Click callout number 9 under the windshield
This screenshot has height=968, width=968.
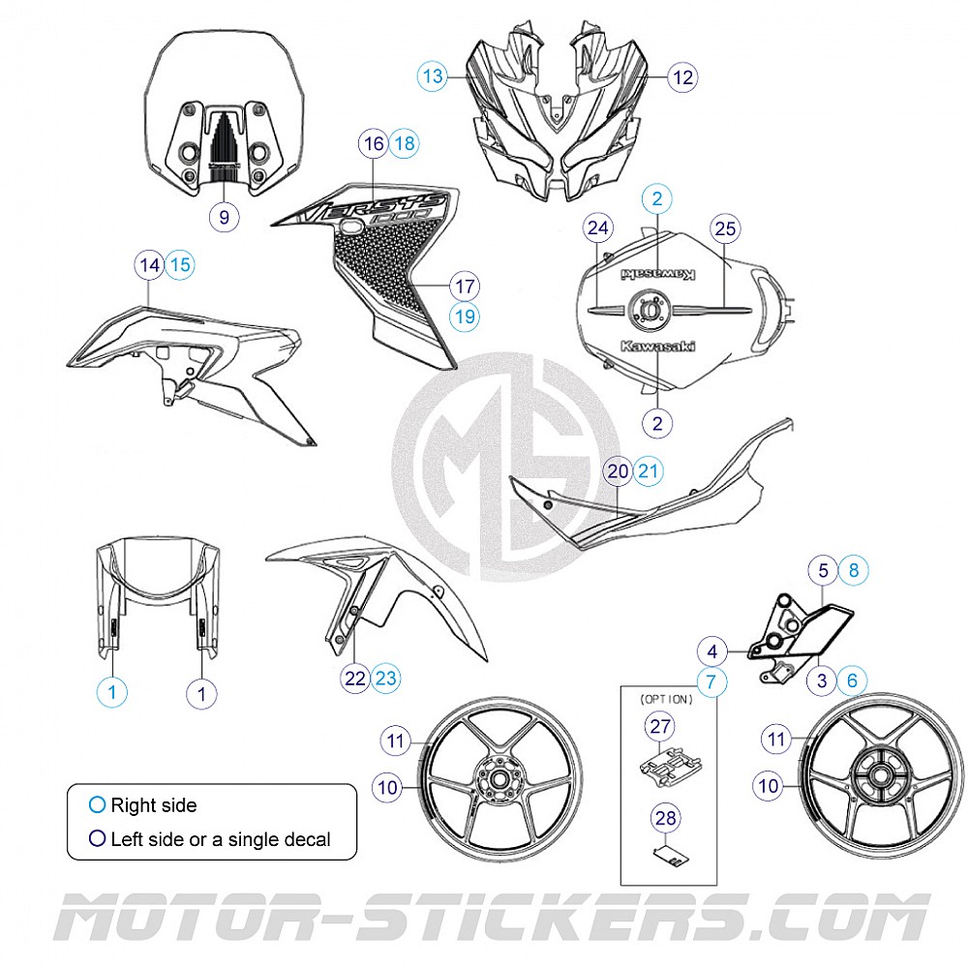tap(225, 217)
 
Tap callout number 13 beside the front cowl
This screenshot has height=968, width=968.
tap(433, 76)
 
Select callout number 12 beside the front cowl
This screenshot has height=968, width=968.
tap(683, 76)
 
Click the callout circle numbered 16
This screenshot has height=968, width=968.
tap(373, 144)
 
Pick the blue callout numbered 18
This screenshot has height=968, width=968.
tap(404, 144)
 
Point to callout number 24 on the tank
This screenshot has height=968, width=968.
tap(599, 228)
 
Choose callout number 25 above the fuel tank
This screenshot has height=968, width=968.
tap(725, 228)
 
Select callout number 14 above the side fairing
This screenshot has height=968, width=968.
tap(149, 264)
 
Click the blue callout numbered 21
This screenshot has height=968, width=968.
tap(649, 471)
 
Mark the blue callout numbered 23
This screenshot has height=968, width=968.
tap(385, 679)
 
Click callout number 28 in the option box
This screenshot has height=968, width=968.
tap(666, 819)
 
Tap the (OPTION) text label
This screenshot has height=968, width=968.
tap(666, 699)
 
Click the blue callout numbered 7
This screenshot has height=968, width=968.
tap(711, 682)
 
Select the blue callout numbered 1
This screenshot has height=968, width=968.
tap(113, 691)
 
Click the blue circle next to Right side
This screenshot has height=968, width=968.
tap(96, 805)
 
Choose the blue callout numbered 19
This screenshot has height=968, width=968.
tap(465, 316)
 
